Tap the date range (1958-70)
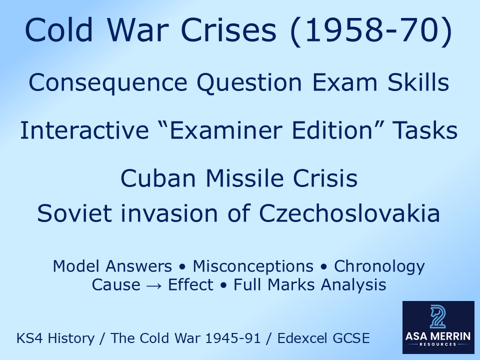pyautogui.click(x=371, y=30)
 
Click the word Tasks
pyautogui.click(x=425, y=130)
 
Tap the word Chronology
pyautogui.click(x=379, y=266)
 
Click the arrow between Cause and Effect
pyautogui.click(x=154, y=285)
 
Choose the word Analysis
pyautogui.click(x=353, y=285)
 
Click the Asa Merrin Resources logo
pyautogui.click(x=437, y=326)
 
